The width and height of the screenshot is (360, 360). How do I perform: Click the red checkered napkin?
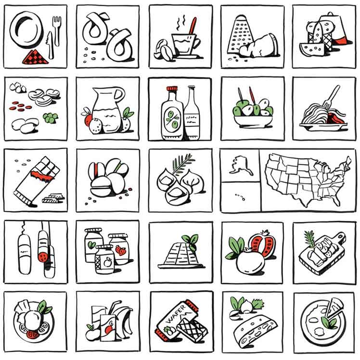point(35,57)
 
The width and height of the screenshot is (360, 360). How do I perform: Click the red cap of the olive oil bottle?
point(172,89)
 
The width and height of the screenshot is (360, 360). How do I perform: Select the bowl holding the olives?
point(253,121)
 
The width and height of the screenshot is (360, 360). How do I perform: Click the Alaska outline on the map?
point(241,165)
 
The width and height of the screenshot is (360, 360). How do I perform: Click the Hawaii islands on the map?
point(241,197)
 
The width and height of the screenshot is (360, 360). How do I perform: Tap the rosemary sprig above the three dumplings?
point(182,163)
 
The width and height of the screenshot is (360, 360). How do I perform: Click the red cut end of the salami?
point(43,257)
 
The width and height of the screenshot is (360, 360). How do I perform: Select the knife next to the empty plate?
point(50,45)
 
